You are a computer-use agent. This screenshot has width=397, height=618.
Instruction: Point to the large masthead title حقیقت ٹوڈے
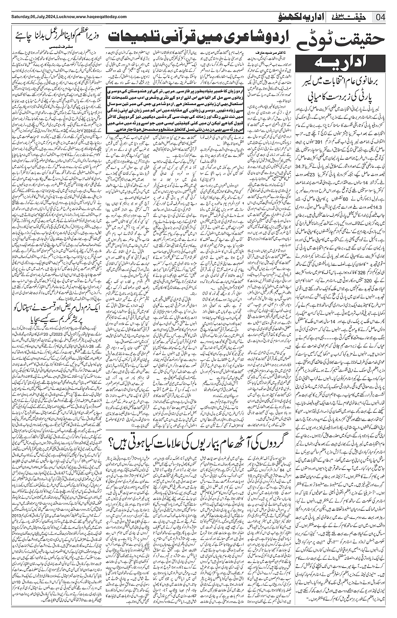[345, 42]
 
